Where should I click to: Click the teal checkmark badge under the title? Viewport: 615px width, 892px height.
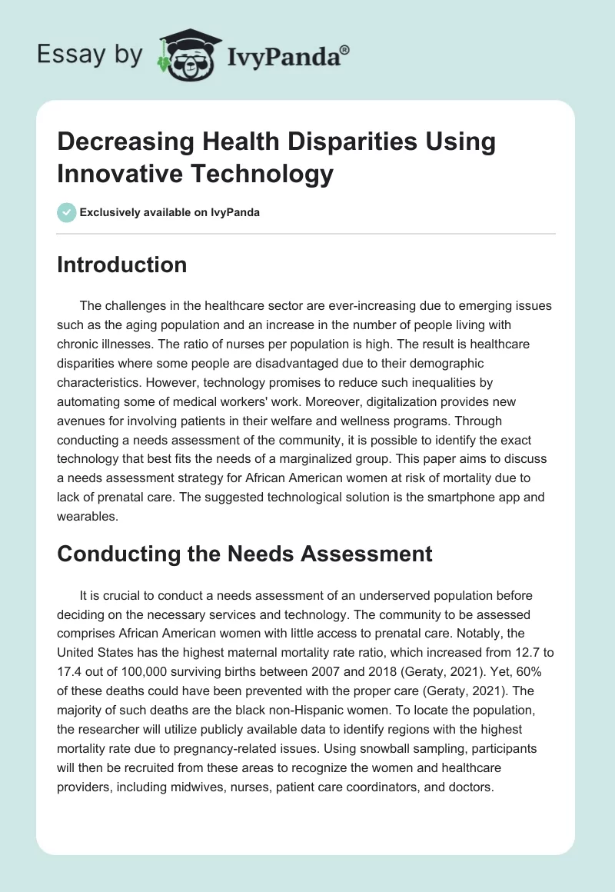(x=67, y=212)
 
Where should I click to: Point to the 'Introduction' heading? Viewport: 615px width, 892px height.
(x=122, y=265)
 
